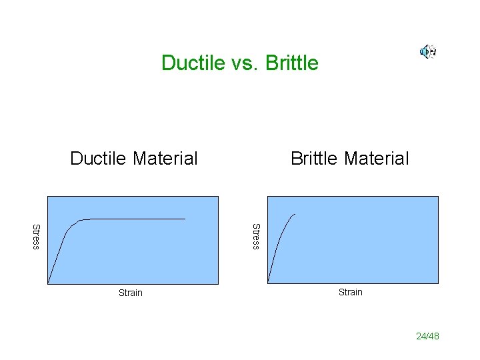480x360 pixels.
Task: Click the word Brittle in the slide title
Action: tap(292, 63)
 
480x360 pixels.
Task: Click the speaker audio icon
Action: tap(427, 51)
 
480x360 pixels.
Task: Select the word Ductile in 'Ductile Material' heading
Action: tap(99, 159)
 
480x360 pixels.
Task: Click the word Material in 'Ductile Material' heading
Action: tap(165, 159)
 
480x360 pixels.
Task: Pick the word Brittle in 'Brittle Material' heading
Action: tap(316, 159)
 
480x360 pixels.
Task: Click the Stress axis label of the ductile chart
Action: tap(37, 237)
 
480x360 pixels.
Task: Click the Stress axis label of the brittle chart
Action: tap(255, 237)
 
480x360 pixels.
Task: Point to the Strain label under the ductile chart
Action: tap(131, 293)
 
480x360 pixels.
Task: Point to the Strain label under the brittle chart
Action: tap(351, 292)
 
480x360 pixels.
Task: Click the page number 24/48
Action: tap(427, 336)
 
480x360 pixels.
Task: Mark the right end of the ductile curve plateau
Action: tap(185, 219)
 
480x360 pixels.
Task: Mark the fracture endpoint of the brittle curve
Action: tap(295, 214)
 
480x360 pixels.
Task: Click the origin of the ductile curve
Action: tap(48, 283)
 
